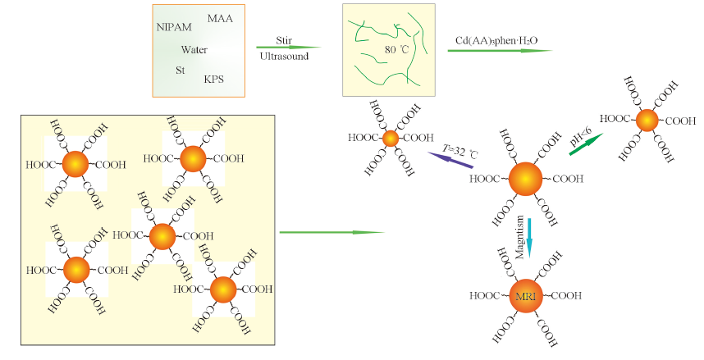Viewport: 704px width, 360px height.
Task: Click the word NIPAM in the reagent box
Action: point(174,27)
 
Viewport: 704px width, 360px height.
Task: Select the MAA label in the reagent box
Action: point(219,18)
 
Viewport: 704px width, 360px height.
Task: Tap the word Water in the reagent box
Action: point(194,50)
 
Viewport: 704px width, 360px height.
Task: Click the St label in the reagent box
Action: point(180,71)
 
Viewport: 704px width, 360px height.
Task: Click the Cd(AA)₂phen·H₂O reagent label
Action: point(496,39)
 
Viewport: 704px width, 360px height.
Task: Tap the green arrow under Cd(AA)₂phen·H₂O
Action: point(500,51)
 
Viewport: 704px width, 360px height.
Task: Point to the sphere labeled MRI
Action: point(525,295)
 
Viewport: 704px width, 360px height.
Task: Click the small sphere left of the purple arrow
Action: point(391,138)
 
